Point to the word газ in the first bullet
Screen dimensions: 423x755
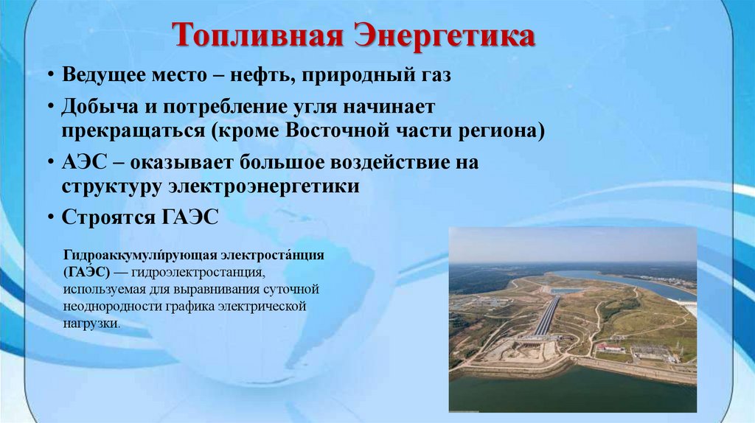coord(432,76)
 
